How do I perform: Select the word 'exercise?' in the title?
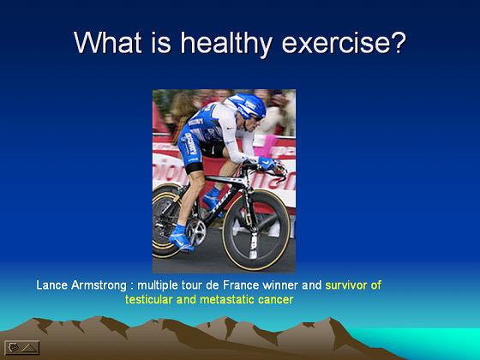click(344, 43)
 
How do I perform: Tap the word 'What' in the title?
click(107, 42)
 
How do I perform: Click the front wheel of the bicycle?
click(256, 230)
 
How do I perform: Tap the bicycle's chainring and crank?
click(196, 232)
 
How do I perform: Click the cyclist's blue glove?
click(267, 163)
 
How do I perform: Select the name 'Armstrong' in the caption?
click(99, 286)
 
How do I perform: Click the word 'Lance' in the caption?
click(51, 285)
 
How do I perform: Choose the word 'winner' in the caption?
click(280, 285)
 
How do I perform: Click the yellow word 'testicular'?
click(149, 299)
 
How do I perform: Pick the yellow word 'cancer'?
click(275, 300)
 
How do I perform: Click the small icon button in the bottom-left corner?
click(22, 347)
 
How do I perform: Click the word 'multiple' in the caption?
click(158, 286)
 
